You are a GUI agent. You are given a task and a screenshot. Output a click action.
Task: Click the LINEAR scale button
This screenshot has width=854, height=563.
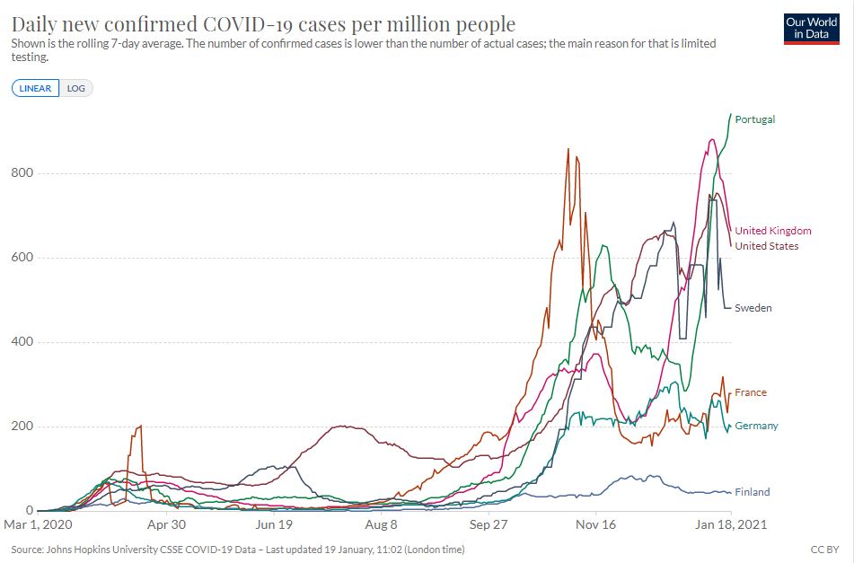click(36, 88)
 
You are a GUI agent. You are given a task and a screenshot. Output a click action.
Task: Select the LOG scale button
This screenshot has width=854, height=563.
click(76, 88)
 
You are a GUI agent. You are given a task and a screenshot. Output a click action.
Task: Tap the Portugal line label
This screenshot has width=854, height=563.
click(754, 119)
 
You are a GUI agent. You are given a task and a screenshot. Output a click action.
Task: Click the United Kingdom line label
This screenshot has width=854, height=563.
click(772, 231)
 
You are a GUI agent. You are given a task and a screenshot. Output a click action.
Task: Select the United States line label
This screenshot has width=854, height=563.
click(766, 246)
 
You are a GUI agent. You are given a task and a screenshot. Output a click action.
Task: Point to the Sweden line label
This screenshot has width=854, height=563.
click(753, 308)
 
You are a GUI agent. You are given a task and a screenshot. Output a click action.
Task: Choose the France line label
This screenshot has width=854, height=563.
click(750, 392)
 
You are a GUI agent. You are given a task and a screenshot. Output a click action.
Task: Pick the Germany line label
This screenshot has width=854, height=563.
click(756, 426)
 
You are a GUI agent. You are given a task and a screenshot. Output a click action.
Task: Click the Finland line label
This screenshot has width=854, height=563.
click(752, 492)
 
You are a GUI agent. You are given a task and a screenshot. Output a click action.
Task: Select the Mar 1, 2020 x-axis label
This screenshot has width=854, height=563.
click(38, 524)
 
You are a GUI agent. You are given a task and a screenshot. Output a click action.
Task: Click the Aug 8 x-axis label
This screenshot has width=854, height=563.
click(382, 524)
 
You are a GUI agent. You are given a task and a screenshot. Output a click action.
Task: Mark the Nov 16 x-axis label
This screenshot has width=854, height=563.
click(596, 524)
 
